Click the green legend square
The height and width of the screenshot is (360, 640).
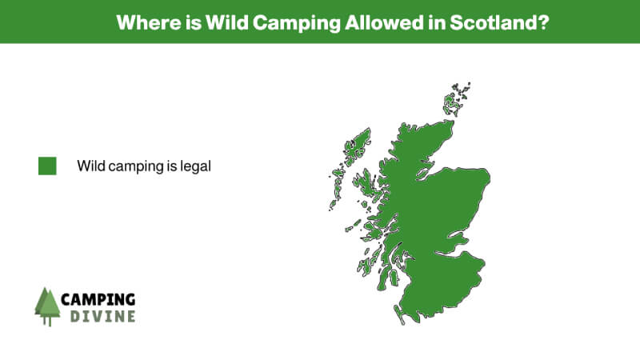click(x=47, y=166)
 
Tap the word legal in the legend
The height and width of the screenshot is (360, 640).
click(x=195, y=166)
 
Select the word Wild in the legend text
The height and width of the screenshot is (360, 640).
click(x=91, y=166)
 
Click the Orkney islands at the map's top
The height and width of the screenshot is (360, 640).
click(x=453, y=100)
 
